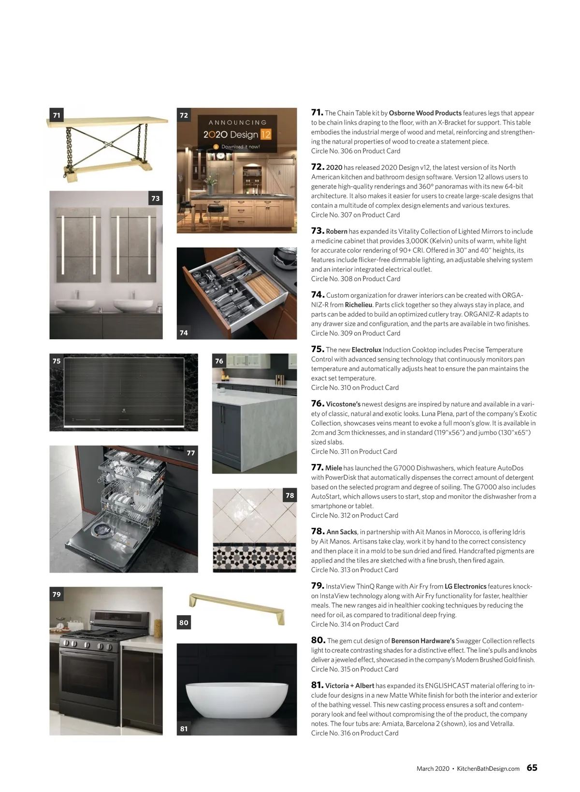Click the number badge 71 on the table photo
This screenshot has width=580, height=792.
click(x=57, y=115)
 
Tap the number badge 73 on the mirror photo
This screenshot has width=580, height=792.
click(x=155, y=198)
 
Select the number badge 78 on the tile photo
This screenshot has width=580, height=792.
click(x=290, y=495)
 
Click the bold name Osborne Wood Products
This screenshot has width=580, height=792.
click(x=425, y=113)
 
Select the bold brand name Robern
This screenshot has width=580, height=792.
click(x=336, y=231)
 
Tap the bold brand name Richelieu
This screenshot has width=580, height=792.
click(x=359, y=305)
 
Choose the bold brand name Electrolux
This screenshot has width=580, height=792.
click(x=366, y=350)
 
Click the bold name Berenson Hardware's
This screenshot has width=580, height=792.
click(x=423, y=641)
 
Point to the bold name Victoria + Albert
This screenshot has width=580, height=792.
click(x=349, y=686)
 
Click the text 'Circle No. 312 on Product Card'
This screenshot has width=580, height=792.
click(x=354, y=515)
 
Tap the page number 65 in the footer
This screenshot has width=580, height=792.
click(x=532, y=768)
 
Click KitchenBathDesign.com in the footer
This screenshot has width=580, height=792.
click(x=488, y=768)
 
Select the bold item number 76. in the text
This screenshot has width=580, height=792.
click(x=318, y=403)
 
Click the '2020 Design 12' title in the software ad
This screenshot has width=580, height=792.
click(x=237, y=134)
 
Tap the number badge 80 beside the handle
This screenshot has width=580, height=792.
click(x=184, y=622)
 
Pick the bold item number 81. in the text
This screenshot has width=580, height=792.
click(x=317, y=685)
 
